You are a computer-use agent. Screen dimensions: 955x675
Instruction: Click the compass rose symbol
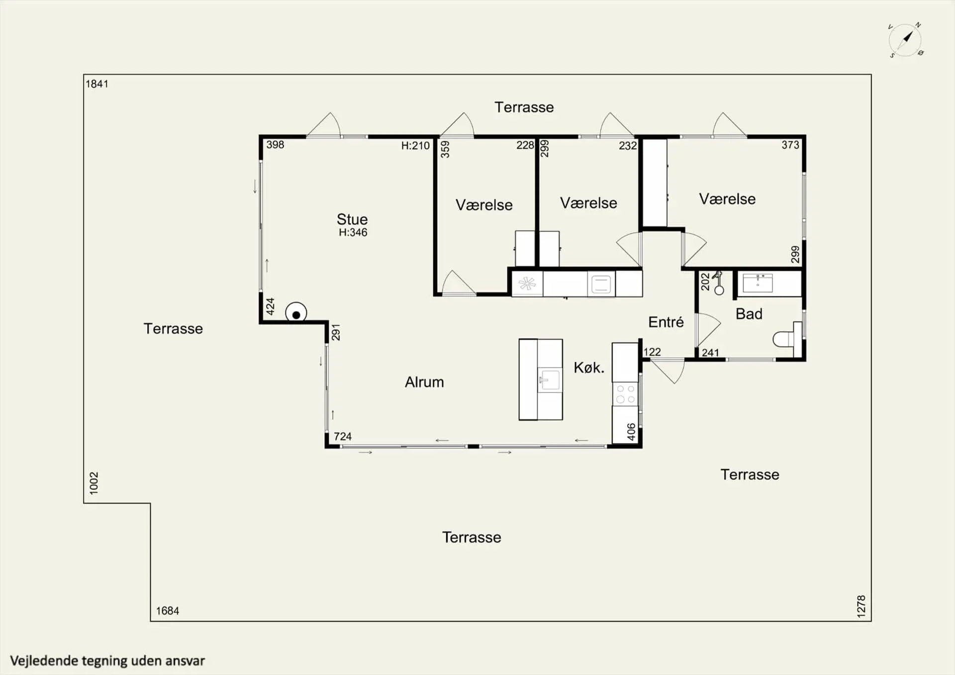coord(905,40)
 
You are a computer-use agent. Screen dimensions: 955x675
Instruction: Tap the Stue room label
coord(352,219)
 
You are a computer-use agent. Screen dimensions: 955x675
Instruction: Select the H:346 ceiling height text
coord(353,232)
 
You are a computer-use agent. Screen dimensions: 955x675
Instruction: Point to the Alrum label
coord(424,382)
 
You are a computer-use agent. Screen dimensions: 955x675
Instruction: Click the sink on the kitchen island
coord(549,381)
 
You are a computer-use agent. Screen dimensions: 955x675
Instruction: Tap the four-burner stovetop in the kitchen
coord(625,394)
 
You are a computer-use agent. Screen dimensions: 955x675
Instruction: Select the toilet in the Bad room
coord(787,339)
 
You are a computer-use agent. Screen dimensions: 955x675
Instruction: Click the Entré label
coord(666,322)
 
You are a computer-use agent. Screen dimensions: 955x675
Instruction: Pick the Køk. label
coord(589,368)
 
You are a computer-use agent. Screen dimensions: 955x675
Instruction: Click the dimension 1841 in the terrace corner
coord(97,84)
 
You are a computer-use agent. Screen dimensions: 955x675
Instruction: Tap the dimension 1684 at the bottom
coord(168,611)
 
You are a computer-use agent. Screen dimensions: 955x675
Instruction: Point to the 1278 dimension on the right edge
coord(861,606)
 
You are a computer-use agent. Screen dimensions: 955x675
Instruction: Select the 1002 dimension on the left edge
coord(94,483)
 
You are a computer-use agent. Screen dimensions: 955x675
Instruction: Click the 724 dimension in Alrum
coord(343,437)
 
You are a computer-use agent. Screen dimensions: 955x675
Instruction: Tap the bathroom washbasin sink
coord(758,283)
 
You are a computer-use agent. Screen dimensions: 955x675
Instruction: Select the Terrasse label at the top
coord(524,107)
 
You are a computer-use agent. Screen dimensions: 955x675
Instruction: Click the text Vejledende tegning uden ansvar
coord(107,661)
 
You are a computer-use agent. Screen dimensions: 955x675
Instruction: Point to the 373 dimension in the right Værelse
coord(790,145)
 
